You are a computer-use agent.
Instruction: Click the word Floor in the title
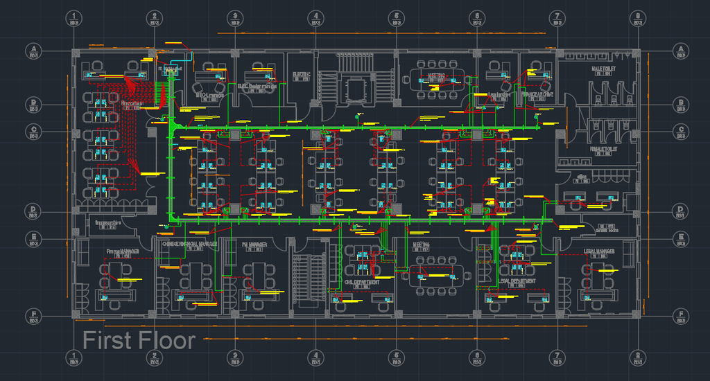[x=166, y=341]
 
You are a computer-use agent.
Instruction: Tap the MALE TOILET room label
[x=603, y=69]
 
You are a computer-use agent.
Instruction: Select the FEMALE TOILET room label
[x=603, y=149]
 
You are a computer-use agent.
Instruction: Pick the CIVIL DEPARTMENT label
[x=362, y=283]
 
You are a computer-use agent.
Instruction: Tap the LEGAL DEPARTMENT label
[x=517, y=283]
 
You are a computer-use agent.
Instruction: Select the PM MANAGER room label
[x=254, y=244]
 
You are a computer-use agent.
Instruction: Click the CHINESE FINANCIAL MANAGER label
[x=189, y=244]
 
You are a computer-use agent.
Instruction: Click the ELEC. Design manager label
[x=257, y=87]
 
